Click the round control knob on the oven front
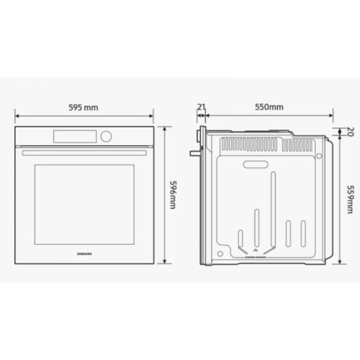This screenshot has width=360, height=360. (107, 135)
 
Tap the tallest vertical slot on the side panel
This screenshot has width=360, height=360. (272, 209)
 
